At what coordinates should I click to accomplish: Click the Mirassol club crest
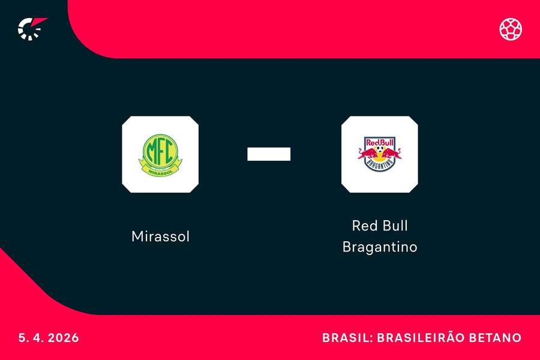click(160, 154)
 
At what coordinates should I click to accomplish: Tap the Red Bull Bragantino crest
click(380, 154)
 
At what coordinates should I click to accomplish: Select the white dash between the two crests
click(269, 154)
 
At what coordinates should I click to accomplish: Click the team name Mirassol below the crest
click(160, 236)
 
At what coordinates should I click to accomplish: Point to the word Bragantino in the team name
click(380, 247)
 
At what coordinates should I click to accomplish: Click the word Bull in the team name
click(394, 226)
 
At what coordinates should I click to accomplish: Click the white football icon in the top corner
click(511, 29)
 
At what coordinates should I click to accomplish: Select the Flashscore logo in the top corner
click(31, 28)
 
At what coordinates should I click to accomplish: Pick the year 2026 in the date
click(62, 338)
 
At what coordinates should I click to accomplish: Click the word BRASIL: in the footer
click(346, 338)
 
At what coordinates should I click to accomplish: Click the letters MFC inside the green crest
click(160, 151)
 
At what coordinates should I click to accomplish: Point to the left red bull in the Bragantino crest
click(365, 154)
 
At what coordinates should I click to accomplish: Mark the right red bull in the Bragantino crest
click(394, 154)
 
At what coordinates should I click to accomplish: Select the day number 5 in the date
click(22, 338)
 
